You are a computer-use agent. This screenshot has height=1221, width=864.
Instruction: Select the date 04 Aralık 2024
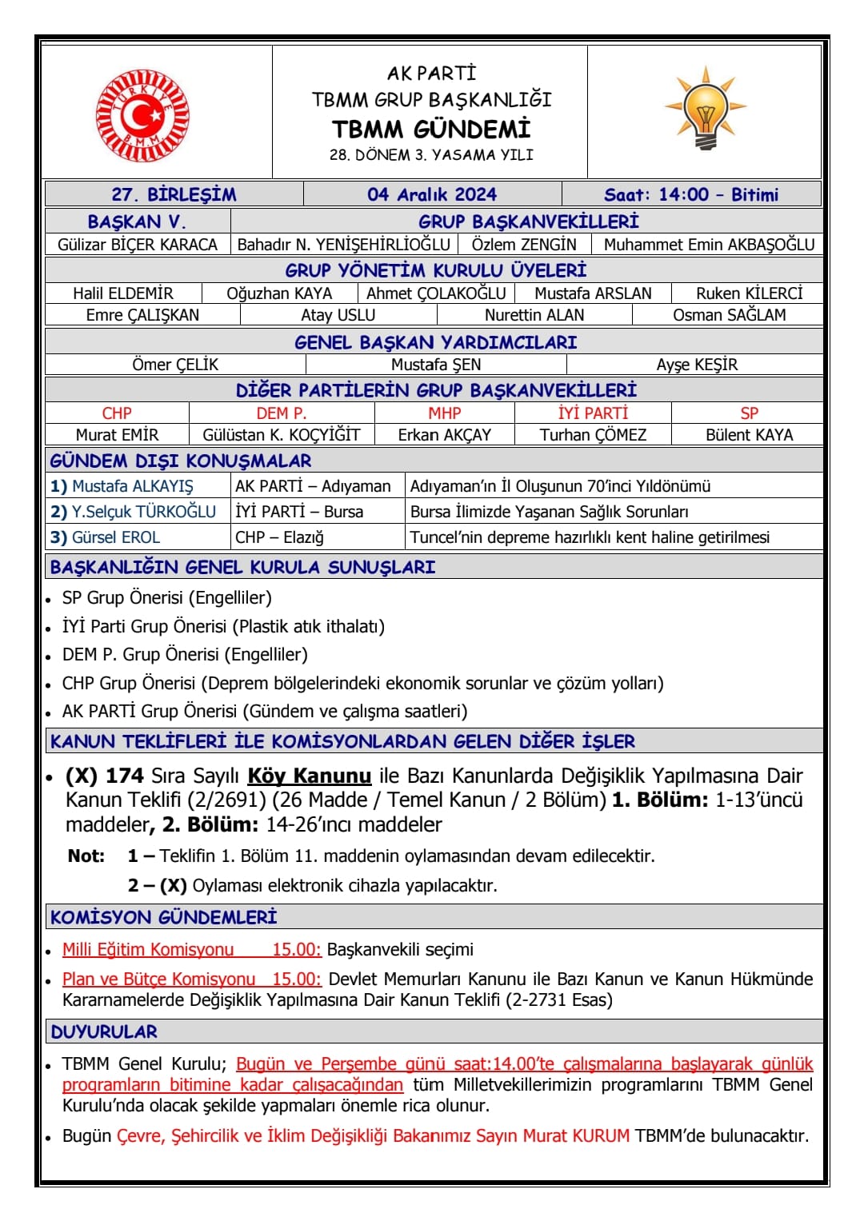432,194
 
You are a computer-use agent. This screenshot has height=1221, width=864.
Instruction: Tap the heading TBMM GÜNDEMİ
431,129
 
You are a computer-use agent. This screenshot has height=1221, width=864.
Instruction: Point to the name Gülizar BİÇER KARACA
138,245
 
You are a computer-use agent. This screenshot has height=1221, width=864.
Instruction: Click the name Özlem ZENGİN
524,245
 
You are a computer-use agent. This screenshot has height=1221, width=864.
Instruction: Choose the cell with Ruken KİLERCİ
749,293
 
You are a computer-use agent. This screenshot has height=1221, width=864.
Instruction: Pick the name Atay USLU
338,315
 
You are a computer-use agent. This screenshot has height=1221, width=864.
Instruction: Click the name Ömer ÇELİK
175,365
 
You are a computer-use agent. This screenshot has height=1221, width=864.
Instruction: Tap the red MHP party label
444,413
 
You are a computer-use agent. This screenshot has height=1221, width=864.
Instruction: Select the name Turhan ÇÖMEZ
593,435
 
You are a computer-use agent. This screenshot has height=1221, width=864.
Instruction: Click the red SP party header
749,413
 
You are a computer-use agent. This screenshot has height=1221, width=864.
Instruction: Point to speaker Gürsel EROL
115,537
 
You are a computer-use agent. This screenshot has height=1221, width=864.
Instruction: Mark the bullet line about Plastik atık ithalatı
223,626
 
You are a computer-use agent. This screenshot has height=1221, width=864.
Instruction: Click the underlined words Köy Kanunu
310,776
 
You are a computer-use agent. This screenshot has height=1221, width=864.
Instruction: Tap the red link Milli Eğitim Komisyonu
149,949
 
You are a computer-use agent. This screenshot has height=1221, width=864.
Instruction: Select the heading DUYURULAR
104,1031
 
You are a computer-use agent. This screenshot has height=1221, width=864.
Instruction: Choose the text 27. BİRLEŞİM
174,194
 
